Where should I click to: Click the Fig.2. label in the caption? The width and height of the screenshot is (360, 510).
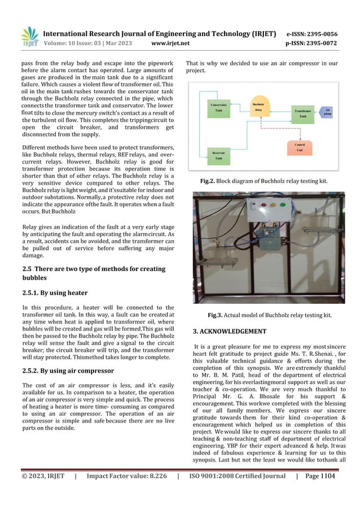tap(210, 181)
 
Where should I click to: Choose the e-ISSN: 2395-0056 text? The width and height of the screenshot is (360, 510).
tap(312, 34)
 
